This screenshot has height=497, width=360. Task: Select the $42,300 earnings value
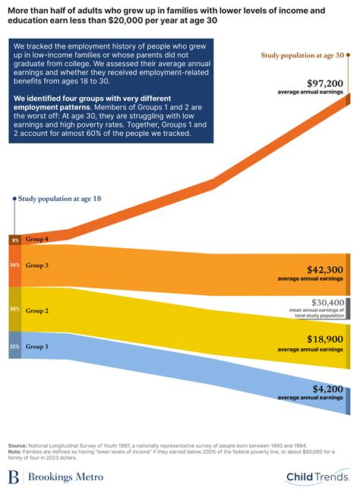(x=324, y=269)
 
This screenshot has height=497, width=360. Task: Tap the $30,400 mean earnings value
(x=326, y=302)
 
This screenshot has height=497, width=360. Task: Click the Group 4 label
(x=36, y=239)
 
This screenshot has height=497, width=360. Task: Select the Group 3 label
(x=36, y=266)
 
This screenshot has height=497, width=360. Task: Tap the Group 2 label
(x=36, y=310)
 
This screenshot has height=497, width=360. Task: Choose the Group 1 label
(x=36, y=346)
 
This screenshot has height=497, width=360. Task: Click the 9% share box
(x=14, y=240)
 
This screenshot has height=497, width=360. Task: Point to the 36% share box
(x=14, y=310)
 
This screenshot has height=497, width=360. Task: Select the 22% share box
(x=14, y=346)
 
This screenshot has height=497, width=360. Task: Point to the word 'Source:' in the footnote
(x=17, y=445)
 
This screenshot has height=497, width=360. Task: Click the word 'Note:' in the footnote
(x=15, y=451)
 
